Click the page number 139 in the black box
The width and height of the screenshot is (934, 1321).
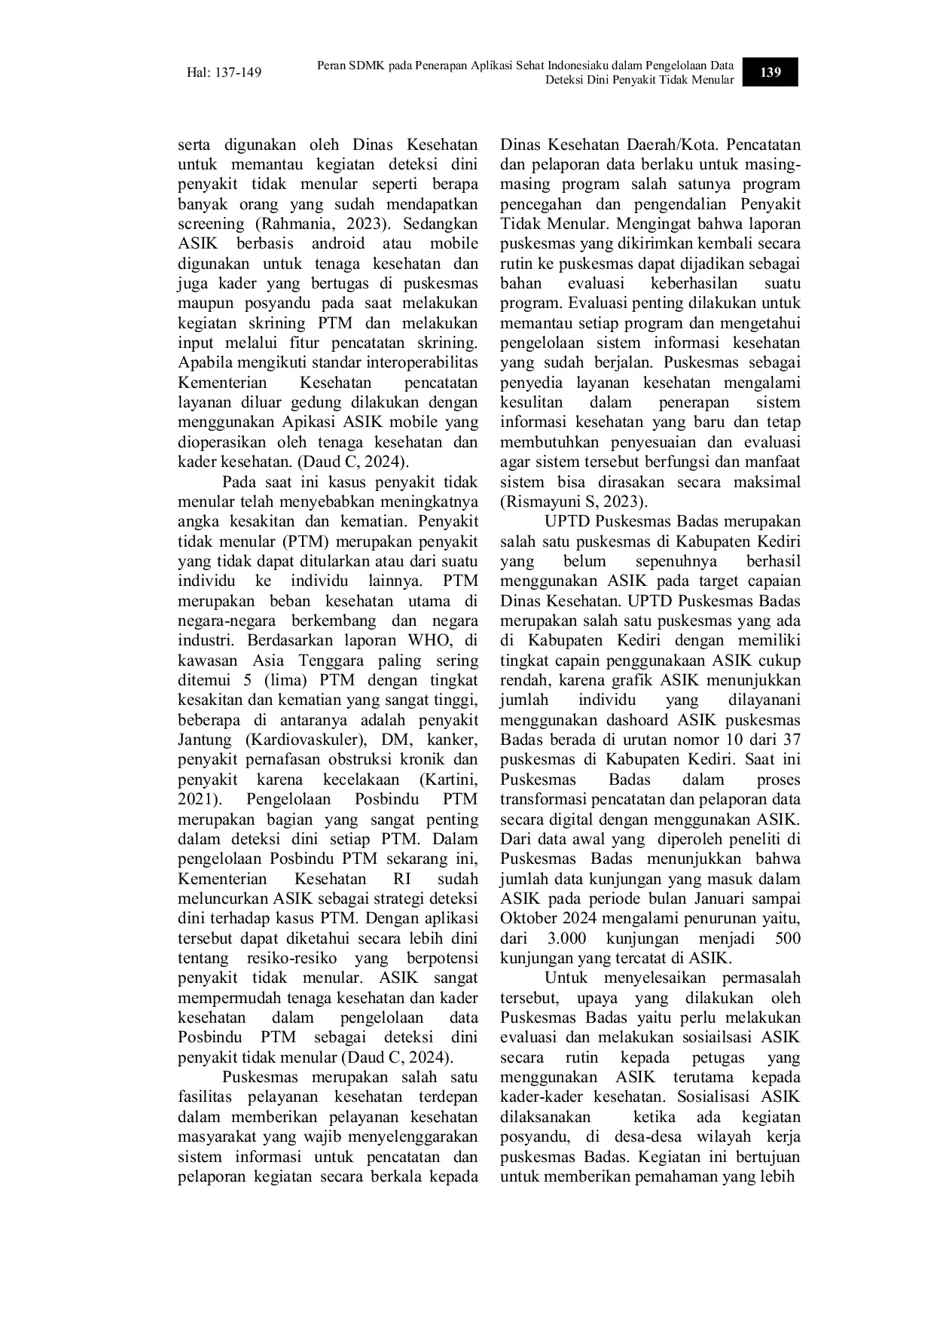click(770, 72)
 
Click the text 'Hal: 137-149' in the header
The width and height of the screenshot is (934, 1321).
click(224, 73)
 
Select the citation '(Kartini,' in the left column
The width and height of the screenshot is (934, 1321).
click(449, 779)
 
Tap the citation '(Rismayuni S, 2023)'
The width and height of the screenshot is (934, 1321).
click(573, 502)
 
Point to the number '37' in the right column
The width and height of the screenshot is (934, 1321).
click(792, 740)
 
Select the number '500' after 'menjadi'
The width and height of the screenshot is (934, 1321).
click(787, 939)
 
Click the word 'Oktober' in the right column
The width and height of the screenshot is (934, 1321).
click(527, 919)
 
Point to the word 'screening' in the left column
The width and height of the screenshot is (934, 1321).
click(211, 224)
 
